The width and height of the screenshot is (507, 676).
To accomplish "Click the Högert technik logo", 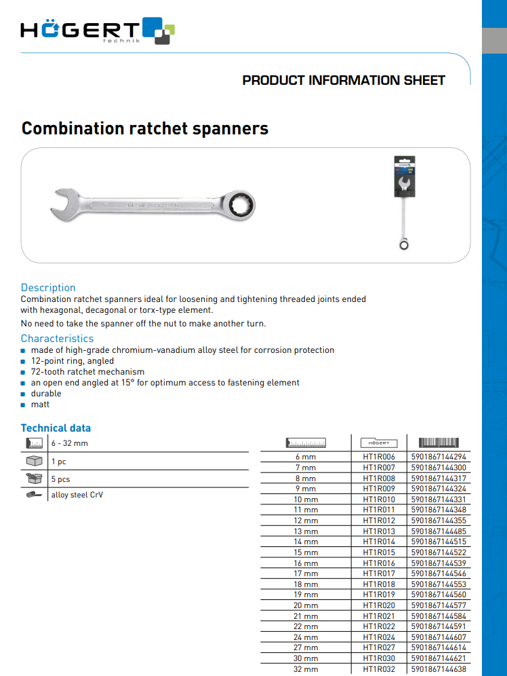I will (98, 31).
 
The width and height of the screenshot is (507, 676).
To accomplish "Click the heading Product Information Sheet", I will (344, 80).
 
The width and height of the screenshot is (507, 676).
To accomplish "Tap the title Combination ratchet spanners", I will (145, 128).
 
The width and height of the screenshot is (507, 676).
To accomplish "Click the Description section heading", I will (48, 287).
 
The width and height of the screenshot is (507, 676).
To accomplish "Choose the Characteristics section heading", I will (57, 338).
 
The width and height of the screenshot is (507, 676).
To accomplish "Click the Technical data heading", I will (56, 428).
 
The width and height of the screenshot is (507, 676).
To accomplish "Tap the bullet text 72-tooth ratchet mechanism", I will (87, 372).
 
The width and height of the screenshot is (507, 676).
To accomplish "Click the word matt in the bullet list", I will (40, 405).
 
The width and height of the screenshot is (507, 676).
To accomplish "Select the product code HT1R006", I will (379, 457).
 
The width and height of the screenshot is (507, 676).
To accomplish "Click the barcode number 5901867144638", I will (439, 669).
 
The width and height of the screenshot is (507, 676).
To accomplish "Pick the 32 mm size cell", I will (306, 669).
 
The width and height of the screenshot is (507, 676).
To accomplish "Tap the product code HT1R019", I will (379, 595).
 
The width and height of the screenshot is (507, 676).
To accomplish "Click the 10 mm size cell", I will (306, 500).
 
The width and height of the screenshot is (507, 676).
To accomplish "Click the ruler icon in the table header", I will (306, 443).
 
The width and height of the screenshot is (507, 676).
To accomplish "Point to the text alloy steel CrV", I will (77, 495).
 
